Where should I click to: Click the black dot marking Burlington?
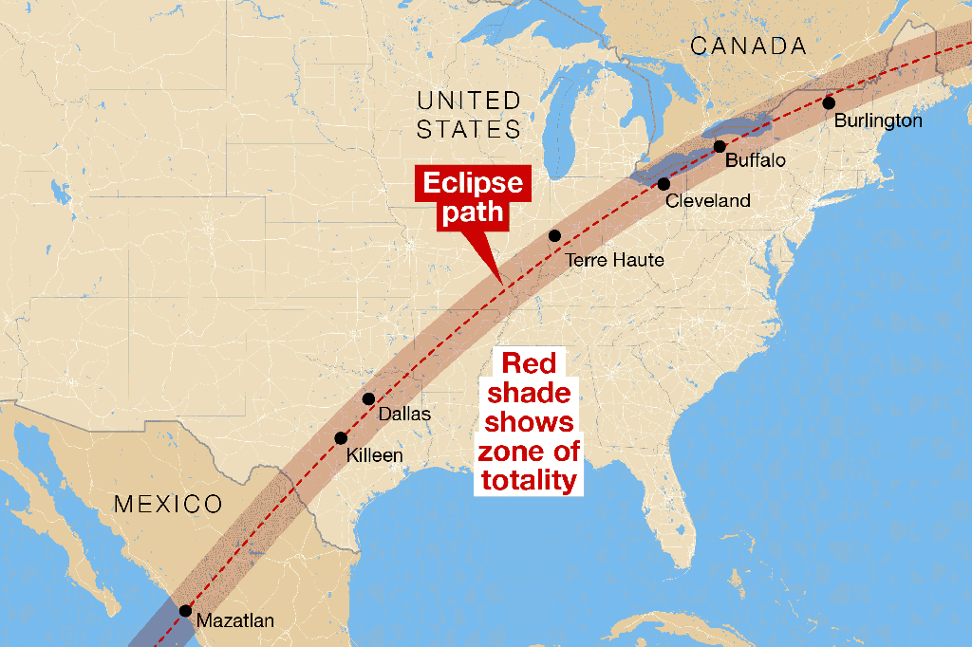click(829, 102)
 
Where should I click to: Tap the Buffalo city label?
click(756, 160)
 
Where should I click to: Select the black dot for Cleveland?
click(664, 184)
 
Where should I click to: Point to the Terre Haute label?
click(614, 259)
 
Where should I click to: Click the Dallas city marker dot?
click(368, 398)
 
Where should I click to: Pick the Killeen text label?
click(374, 455)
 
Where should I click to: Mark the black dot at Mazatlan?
click(185, 611)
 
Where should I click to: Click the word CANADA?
click(749, 46)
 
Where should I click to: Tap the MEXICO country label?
click(168, 504)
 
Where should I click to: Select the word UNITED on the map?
click(469, 101)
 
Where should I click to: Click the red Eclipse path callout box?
click(473, 195)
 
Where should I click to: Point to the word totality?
click(528, 480)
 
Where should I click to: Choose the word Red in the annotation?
click(529, 362)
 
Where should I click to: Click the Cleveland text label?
click(707, 200)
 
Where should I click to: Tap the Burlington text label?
click(878, 120)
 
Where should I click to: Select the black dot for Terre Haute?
click(554, 235)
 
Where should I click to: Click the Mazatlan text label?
click(234, 621)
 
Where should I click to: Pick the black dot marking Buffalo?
click(720, 146)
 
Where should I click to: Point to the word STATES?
click(469, 129)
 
